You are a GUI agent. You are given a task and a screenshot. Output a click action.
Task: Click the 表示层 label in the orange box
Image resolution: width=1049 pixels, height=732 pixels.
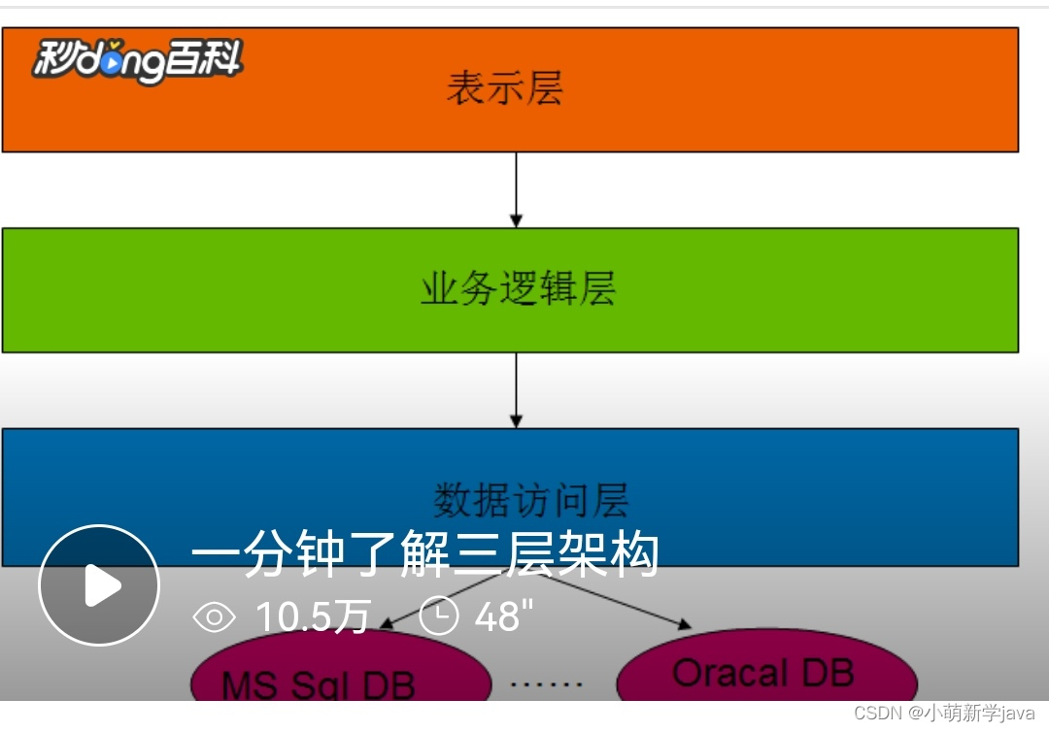(504, 88)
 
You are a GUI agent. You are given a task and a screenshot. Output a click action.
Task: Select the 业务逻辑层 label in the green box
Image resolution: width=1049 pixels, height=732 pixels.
(518, 289)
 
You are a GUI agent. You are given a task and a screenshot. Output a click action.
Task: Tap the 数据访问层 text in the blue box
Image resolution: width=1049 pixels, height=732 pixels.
(530, 500)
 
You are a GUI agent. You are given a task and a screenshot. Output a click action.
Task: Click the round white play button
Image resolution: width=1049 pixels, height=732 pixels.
(99, 585)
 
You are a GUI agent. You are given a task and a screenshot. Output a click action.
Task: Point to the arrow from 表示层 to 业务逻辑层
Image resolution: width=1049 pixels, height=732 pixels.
(516, 189)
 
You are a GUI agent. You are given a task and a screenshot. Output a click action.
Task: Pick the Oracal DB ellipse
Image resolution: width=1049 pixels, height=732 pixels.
(765, 673)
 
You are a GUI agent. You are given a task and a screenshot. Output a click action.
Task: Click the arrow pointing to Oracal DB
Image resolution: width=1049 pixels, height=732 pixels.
(622, 601)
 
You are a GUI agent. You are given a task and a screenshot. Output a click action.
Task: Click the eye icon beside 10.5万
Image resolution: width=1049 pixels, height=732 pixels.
(215, 616)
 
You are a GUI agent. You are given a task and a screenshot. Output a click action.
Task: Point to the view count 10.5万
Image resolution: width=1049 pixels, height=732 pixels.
(313, 616)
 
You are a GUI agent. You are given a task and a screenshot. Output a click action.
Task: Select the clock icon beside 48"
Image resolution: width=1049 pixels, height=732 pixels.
(438, 616)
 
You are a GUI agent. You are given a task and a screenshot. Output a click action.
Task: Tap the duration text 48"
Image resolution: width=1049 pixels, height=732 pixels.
(504, 616)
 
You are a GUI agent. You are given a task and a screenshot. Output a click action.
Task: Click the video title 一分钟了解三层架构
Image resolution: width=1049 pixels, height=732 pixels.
(424, 555)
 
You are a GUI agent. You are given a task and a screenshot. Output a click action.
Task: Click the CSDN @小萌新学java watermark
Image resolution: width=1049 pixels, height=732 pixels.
(944, 714)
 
